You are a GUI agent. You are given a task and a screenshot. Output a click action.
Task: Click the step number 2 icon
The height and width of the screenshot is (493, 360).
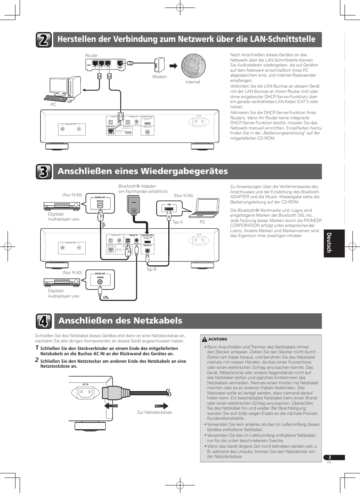[44, 40]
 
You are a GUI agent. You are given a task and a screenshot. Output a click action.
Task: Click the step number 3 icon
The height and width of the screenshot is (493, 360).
[44, 172]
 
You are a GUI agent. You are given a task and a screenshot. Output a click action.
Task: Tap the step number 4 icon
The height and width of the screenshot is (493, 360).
[44, 321]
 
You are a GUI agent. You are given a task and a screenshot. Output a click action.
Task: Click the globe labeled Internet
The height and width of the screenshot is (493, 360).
[193, 66]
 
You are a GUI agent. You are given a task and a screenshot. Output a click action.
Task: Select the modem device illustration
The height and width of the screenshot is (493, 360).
[160, 65]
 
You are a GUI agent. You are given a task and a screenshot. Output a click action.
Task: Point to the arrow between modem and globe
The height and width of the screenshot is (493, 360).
[173, 66]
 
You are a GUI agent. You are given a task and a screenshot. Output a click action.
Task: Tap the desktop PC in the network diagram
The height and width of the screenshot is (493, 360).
[65, 89]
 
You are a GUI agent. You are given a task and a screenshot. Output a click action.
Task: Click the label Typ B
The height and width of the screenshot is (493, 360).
[151, 269]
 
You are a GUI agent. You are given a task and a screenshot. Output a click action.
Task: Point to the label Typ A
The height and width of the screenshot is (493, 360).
[177, 222]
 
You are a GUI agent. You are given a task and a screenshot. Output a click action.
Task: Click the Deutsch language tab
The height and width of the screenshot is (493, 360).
[334, 243]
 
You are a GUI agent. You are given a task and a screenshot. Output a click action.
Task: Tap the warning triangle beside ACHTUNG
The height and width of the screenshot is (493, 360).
[205, 339]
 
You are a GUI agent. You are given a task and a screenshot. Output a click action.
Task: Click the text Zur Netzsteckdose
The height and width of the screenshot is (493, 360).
[154, 412]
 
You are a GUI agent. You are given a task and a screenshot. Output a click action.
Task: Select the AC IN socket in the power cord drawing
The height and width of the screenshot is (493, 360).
[85, 393]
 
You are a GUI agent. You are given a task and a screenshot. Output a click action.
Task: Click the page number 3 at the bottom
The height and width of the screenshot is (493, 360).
[329, 457]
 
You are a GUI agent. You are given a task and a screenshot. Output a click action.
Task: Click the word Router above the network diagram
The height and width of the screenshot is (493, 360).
[91, 55]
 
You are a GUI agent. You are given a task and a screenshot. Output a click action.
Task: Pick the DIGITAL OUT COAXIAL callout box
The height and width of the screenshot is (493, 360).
[100, 279]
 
